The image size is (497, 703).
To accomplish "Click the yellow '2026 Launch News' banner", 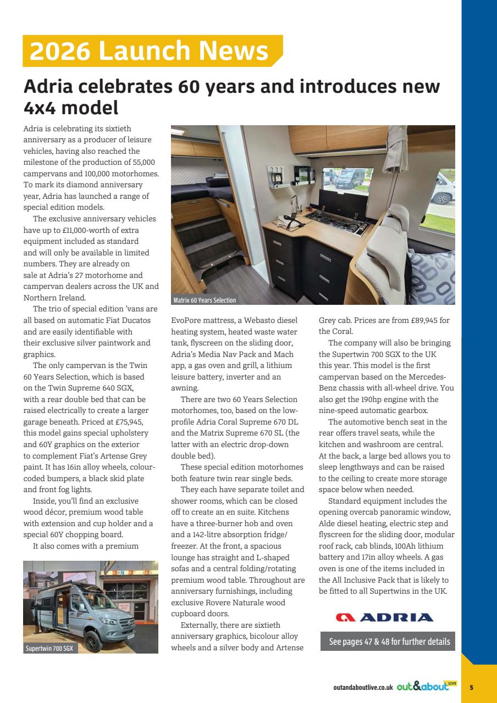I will click(150, 51).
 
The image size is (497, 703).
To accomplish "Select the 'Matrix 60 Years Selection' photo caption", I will click(205, 300).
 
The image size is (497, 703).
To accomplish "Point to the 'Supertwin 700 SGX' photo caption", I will click(49, 649).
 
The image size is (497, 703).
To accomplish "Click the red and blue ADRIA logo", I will click(384, 617).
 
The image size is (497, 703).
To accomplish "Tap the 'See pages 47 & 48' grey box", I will click(388, 641).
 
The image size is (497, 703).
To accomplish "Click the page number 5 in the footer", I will click(471, 687).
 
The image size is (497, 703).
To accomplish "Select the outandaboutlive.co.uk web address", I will click(363, 688).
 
